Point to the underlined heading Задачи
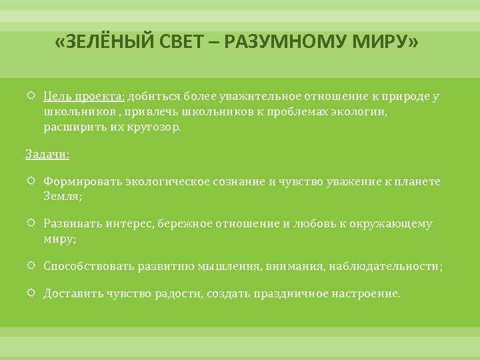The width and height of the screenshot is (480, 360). [47, 154]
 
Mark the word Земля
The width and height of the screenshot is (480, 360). [61, 197]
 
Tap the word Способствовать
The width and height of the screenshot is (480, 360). [89, 267]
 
